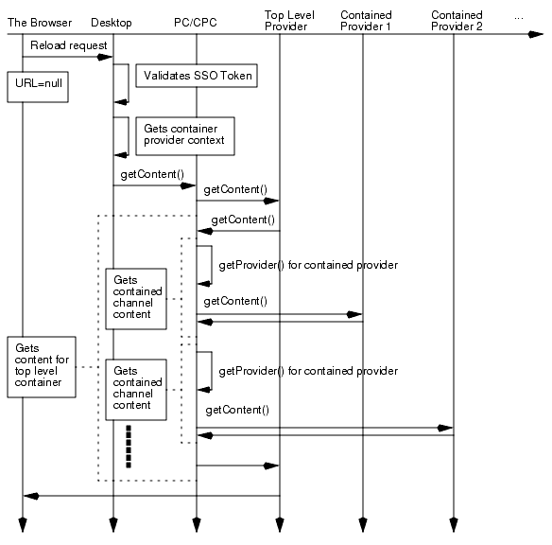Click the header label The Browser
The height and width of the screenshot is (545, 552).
pyautogui.click(x=39, y=22)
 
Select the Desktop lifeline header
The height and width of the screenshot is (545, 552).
pyautogui.click(x=112, y=22)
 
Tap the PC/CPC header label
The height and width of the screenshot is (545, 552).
pyautogui.click(x=196, y=22)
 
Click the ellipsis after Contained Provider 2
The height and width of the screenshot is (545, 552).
pyautogui.click(x=517, y=16)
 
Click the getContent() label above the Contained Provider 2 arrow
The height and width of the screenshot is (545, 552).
pyautogui.click(x=236, y=410)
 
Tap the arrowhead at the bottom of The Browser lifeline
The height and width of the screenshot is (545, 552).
pyautogui.click(x=23, y=525)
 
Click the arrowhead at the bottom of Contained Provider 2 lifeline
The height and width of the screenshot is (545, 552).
pyautogui.click(x=454, y=525)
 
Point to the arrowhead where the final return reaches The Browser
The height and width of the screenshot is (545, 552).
pyautogui.click(x=29, y=496)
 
